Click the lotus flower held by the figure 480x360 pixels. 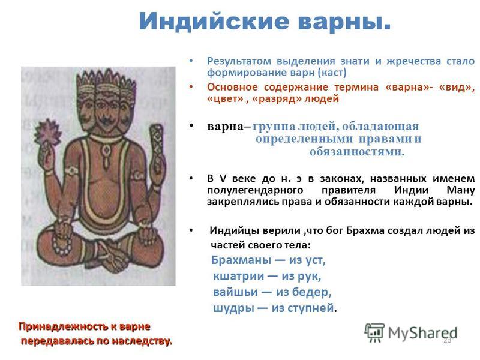(x=48, y=132)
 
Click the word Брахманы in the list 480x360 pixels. (x=241, y=260)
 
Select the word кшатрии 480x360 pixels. (x=238, y=276)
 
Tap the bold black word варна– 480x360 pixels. (x=229, y=127)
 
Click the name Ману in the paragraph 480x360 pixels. (x=461, y=190)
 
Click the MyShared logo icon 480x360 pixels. (x=374, y=332)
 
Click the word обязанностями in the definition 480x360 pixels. (x=357, y=152)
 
